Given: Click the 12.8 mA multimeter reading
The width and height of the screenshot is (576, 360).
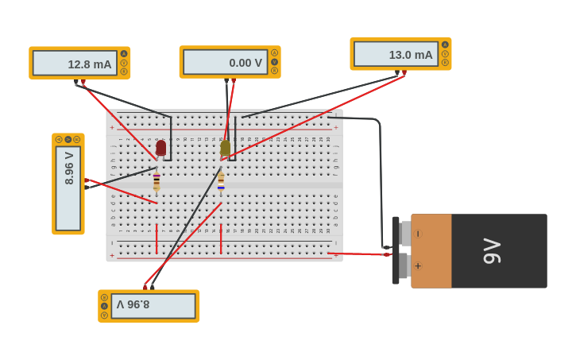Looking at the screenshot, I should point(89,64).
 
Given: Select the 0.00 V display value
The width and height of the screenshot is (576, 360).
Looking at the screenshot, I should point(245,63).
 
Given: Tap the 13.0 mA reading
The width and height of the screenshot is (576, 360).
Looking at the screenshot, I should point(410,55).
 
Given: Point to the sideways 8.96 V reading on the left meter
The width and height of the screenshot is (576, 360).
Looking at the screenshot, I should point(69,168).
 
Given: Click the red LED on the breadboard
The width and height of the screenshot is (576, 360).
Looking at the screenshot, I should point(161,148).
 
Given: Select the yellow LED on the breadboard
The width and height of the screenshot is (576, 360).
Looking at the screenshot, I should point(226,147).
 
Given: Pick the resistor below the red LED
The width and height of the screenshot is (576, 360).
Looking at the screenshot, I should point(157,181).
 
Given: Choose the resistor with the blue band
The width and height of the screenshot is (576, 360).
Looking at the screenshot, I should point(221,182).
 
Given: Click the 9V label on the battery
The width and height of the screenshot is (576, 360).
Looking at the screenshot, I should point(492,251).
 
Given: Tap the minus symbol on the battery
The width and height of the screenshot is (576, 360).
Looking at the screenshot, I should point(418,234).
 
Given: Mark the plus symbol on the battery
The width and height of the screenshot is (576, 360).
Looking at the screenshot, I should point(418,266).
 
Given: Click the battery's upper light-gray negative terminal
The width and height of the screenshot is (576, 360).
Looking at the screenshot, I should point(405,234).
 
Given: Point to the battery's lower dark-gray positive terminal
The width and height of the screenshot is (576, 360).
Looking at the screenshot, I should point(404,266).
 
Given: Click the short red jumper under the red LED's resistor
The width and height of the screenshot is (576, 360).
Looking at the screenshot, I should point(157,238).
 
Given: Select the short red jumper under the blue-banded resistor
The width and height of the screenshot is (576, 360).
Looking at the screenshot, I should point(221,238).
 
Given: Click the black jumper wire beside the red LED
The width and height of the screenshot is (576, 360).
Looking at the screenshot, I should point(171,139).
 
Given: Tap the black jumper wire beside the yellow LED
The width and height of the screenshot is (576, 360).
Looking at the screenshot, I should point(235,139).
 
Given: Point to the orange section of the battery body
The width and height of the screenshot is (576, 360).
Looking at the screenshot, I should point(431,250).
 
